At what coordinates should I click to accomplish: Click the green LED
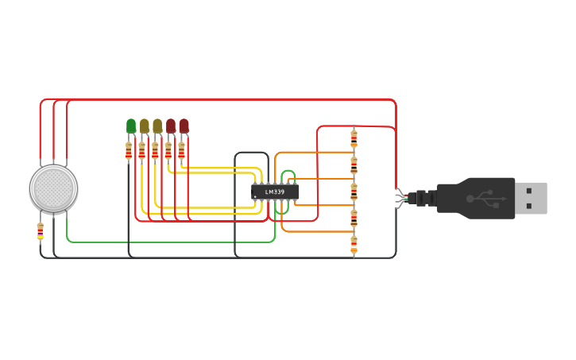[x=131, y=126]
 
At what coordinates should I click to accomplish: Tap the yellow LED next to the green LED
[x=145, y=126]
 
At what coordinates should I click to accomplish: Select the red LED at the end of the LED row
[x=184, y=126]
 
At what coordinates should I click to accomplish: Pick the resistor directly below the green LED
[x=129, y=150]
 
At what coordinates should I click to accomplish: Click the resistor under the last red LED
[x=181, y=150]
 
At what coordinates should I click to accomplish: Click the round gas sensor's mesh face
[x=53, y=188]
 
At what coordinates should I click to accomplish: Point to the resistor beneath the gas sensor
[x=41, y=231]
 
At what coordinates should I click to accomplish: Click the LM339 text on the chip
[x=275, y=192]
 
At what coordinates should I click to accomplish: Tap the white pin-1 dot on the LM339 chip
[x=256, y=196]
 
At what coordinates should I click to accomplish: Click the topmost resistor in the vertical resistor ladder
[x=354, y=139]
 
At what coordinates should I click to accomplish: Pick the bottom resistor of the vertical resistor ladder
[x=354, y=244]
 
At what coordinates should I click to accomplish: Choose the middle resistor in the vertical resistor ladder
[x=354, y=192]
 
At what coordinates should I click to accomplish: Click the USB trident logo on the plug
[x=480, y=197]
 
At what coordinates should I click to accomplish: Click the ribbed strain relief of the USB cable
[x=426, y=198]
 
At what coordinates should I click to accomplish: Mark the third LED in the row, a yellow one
[x=157, y=126]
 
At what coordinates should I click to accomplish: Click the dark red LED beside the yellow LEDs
[x=171, y=126]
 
